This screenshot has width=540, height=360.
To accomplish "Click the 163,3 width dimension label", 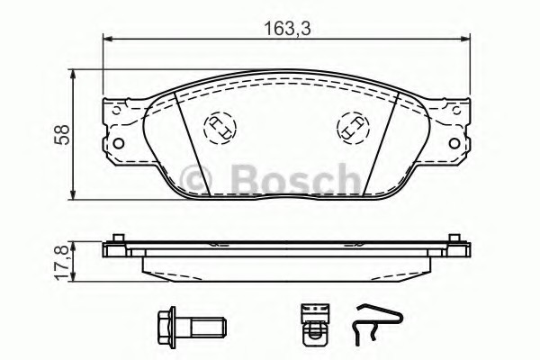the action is [288, 29].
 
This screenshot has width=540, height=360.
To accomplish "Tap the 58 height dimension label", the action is [64, 134].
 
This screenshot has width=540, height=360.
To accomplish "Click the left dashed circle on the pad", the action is [220, 128].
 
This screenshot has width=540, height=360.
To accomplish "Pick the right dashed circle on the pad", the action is [352, 128].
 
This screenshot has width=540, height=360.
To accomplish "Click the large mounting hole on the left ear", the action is [119, 143].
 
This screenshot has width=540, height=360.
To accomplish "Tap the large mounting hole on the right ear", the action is [454, 143].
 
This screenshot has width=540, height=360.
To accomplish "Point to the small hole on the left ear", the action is [117, 111].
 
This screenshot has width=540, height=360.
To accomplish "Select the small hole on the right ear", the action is [456, 111].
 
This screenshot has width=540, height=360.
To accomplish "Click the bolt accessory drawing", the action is [192, 325].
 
